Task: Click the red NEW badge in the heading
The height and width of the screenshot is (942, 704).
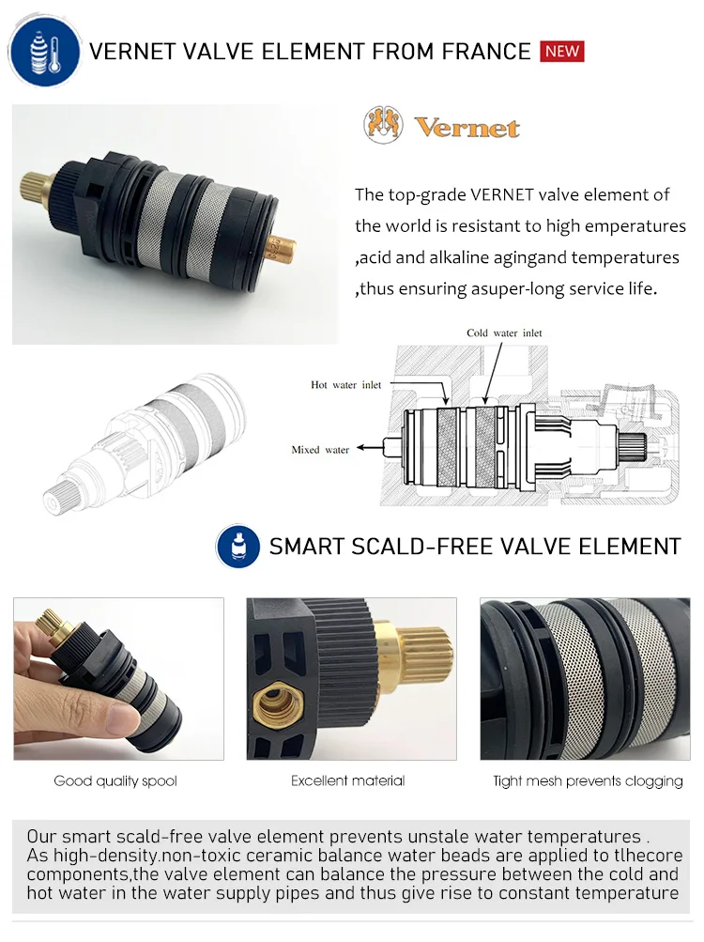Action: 562,51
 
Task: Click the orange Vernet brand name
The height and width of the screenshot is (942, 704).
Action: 467,128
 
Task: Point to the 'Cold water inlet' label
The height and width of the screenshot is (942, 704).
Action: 504,333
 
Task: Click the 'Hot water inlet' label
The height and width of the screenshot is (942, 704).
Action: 346,385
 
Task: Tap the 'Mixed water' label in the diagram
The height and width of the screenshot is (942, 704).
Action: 320,450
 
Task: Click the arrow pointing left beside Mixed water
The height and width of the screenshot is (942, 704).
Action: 371,449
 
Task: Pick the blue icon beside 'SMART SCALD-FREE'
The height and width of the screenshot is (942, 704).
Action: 238,546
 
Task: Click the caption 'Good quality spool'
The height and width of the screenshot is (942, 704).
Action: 115,781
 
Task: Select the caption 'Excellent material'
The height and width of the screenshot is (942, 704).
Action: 348,780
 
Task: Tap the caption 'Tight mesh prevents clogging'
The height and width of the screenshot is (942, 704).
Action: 588,781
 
